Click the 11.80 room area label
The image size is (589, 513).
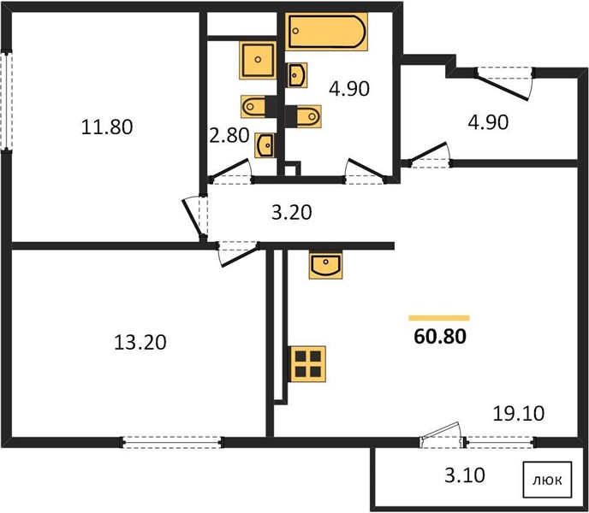(107, 127)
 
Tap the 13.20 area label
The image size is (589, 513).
(140, 343)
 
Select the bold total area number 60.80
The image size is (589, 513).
(440, 337)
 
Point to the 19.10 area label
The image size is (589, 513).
(519, 414)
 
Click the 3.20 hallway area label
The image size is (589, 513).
(291, 212)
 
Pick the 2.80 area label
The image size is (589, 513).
(229, 135)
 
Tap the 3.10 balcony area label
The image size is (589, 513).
(465, 475)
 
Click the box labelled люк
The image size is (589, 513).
(547, 480)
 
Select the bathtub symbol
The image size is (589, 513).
(326, 32)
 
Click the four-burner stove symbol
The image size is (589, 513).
(307, 364)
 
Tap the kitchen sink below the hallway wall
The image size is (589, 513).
(325, 265)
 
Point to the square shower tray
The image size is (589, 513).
(258, 61)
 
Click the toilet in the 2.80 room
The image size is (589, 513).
(259, 107)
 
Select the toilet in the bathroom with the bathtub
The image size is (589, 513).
(303, 116)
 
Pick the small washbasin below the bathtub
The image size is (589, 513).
(296, 75)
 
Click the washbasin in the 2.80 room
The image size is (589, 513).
(265, 145)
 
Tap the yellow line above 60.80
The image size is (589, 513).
(439, 318)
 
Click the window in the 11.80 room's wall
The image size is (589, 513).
(6, 101)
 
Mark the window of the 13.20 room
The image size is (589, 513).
(172, 442)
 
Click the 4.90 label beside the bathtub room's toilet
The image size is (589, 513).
(349, 89)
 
